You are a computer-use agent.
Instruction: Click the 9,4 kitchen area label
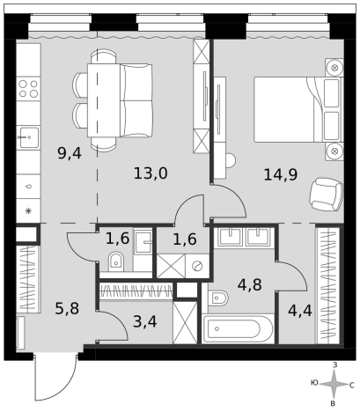click(70, 153)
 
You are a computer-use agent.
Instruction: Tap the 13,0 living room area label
click(151, 173)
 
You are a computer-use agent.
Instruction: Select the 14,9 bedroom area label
click(281, 174)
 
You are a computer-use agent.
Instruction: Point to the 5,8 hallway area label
click(67, 309)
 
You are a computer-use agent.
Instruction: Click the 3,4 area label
click(145, 321)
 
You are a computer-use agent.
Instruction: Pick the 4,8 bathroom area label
click(250, 284)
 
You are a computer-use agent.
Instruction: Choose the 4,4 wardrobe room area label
click(300, 311)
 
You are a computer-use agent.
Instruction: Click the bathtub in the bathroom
click(238, 328)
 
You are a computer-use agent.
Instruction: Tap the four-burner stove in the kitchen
click(28, 89)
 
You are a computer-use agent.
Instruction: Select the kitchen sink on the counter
click(28, 137)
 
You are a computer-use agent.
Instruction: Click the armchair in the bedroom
click(326, 195)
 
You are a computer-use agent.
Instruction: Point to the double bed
click(298, 109)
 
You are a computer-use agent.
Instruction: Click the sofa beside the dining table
click(136, 100)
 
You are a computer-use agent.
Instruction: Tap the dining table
click(104, 100)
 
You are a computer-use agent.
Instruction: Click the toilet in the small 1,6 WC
click(116, 261)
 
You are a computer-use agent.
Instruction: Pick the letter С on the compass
click(351, 385)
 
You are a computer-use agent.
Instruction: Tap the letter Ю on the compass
click(314, 383)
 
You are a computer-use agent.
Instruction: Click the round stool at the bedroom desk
click(231, 160)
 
